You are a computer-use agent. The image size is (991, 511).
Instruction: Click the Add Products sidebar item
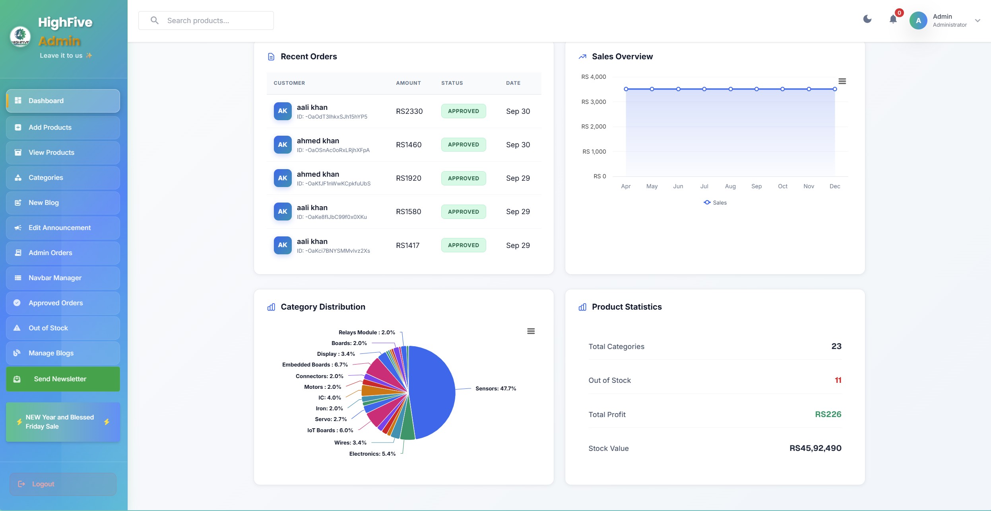pyautogui.click(x=63, y=128)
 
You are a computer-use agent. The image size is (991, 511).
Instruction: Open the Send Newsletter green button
pyautogui.click(x=63, y=379)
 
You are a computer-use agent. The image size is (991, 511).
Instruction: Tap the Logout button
pyautogui.click(x=63, y=484)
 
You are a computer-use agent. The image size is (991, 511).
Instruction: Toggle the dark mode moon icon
pyautogui.click(x=867, y=19)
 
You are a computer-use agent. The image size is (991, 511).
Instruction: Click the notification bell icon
pyautogui.click(x=893, y=20)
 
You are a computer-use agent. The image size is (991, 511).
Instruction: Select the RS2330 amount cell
pyautogui.click(x=409, y=111)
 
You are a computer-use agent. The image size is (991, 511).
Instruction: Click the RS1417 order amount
pyautogui.click(x=407, y=246)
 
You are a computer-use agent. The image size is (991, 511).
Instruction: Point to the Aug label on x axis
pyautogui.click(x=730, y=186)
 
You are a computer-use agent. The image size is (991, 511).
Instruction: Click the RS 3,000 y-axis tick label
pyautogui.click(x=593, y=102)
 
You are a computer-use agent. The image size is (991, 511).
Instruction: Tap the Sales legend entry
pyautogui.click(x=715, y=203)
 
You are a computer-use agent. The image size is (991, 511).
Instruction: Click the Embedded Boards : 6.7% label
pyautogui.click(x=315, y=365)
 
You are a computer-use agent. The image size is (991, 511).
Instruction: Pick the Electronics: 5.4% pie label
pyautogui.click(x=372, y=454)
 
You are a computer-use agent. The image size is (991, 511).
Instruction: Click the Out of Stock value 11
pyautogui.click(x=838, y=380)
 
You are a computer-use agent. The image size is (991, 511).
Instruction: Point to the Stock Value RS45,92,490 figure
pyautogui.click(x=815, y=448)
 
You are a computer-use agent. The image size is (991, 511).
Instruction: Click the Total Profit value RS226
pyautogui.click(x=828, y=414)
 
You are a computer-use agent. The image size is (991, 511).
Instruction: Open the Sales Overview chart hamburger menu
pyautogui.click(x=842, y=81)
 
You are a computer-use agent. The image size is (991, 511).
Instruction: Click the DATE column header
pyautogui.click(x=513, y=83)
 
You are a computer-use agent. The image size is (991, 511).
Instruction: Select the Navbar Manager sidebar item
pyautogui.click(x=63, y=278)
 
